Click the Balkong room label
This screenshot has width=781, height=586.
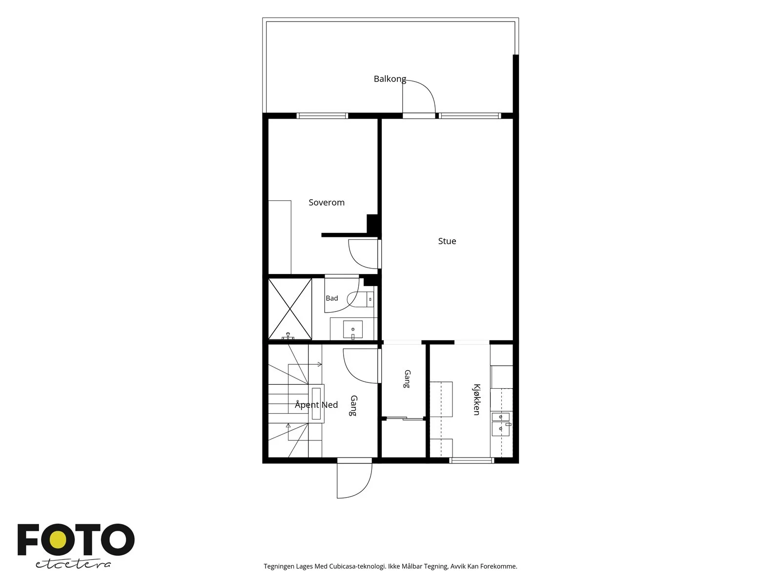tap(390, 79)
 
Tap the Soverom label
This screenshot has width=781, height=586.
tap(326, 203)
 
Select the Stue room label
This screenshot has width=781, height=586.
tap(447, 241)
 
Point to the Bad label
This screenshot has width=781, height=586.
tap(331, 298)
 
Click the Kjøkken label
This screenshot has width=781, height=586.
tap(477, 399)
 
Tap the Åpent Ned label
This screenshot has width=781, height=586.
tap(316, 404)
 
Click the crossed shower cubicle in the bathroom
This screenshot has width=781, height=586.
tap(290, 309)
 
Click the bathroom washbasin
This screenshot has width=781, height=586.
tap(352, 330)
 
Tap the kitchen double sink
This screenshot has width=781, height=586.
tap(501, 424)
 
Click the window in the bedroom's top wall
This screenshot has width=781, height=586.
tap(322, 116)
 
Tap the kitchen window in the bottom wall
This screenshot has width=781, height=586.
tap(472, 460)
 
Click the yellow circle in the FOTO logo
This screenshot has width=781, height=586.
tap(58, 540)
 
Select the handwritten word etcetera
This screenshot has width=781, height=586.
tap(73, 565)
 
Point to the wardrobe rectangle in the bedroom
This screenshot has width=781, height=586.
tap(280, 237)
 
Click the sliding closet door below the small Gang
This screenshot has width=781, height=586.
tap(404, 419)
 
